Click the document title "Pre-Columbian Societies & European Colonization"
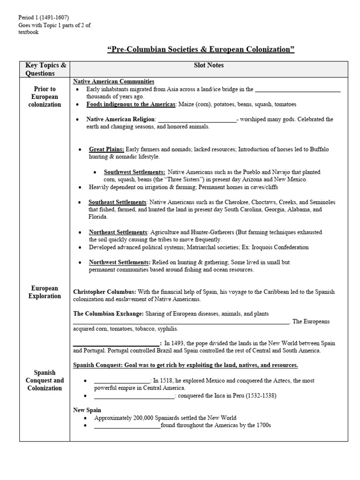click(201, 50)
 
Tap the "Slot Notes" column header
click(209, 66)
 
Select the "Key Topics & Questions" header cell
click(45, 69)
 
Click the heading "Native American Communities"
click(113, 82)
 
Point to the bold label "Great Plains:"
click(107, 149)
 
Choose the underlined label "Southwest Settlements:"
click(135, 172)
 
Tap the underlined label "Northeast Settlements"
click(118, 232)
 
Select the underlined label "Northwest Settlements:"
click(120, 262)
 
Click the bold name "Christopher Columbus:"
click(105, 292)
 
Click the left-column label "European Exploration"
click(45, 292)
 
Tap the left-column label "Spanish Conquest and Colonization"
click(45, 380)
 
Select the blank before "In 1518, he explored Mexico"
click(122, 381)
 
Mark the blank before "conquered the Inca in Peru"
click(134, 396)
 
